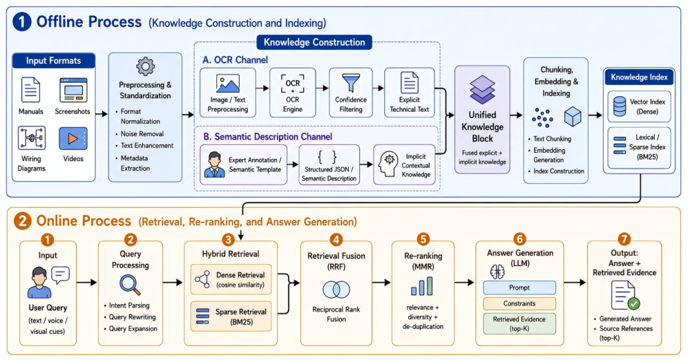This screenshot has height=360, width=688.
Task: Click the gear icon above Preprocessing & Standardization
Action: click(145, 67)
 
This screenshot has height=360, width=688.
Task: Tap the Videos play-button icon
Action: click(73, 139)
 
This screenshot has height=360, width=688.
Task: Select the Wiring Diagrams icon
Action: click(32, 138)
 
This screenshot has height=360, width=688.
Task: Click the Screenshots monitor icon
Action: click(73, 90)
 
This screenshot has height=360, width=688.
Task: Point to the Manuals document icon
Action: click(30, 90)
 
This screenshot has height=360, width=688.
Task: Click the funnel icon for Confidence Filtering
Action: click(351, 83)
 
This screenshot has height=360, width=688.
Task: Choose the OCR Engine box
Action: click(293, 93)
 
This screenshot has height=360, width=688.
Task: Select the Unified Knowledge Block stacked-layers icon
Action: click(482, 90)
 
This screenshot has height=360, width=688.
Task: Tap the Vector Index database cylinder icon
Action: click(620, 106)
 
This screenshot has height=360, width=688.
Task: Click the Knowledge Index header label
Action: click(639, 77)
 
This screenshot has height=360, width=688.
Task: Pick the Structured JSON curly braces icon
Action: click(327, 157)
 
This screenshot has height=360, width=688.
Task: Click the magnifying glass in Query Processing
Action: click(131, 285)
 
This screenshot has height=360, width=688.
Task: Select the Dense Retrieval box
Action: click(231, 279)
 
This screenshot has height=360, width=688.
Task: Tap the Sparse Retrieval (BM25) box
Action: click(231, 316)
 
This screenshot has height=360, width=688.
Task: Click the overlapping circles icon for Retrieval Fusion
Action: click(336, 290)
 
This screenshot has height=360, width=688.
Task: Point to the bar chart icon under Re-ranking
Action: click(421, 286)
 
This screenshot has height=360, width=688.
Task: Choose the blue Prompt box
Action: click(519, 287)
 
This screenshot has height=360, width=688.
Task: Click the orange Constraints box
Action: click(519, 303)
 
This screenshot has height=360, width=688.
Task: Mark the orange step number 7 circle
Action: click(624, 239)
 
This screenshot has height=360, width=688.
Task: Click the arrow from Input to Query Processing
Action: click(87, 283)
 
